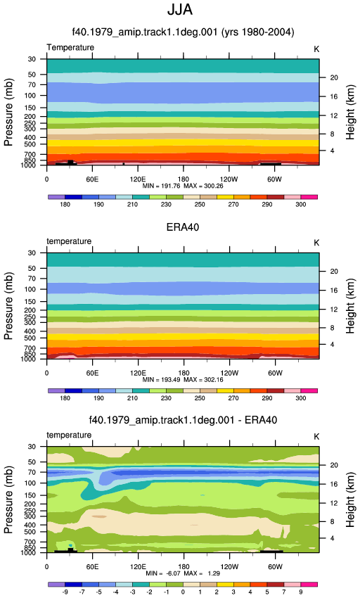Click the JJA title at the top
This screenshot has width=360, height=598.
pyautogui.click(x=180, y=10)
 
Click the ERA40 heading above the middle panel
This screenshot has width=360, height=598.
pyautogui.click(x=183, y=227)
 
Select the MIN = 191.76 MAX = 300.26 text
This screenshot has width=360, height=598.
pyautogui.click(x=183, y=186)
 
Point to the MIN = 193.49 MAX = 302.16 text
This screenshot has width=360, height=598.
pyautogui.click(x=183, y=380)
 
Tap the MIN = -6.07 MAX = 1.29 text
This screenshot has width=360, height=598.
pyautogui.click(x=183, y=573)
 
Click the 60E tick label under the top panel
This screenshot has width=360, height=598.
pyautogui.click(x=92, y=179)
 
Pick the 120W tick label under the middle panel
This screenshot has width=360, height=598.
pyautogui.click(x=229, y=373)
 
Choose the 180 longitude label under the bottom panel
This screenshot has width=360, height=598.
pyautogui.click(x=184, y=567)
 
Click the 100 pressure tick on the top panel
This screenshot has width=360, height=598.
pyautogui.click(x=30, y=96)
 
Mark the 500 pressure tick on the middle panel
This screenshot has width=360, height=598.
pyautogui.click(x=30, y=338)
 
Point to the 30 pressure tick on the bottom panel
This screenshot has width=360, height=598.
pyautogui.click(x=32, y=447)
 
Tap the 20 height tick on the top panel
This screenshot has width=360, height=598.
pyautogui.click(x=334, y=78)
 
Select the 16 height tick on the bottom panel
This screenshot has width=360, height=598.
pyautogui.click(x=334, y=484)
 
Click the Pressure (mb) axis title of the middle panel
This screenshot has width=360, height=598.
pyautogui.click(x=8, y=306)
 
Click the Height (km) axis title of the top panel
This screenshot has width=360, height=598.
pyautogui.click(x=350, y=112)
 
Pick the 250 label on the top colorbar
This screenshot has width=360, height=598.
pyautogui.click(x=200, y=205)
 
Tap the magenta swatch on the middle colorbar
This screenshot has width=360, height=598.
pyautogui.click(x=309, y=391)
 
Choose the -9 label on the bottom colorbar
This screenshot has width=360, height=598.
pyautogui.click(x=65, y=592)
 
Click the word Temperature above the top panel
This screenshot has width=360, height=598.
pyautogui.click(x=70, y=48)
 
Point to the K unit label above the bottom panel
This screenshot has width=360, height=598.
pyautogui.click(x=316, y=437)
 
